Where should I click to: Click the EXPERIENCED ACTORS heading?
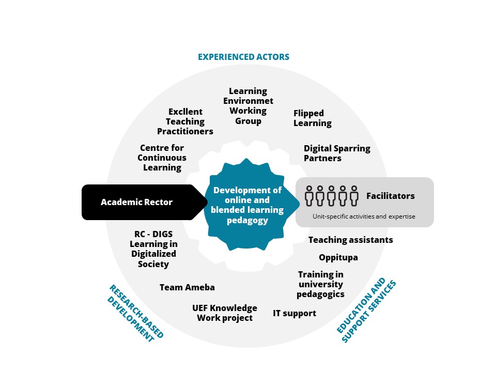243,57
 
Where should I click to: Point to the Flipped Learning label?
313,118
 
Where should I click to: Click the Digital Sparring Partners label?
337,153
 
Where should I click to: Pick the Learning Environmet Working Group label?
249,106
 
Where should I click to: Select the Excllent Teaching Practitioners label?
185,121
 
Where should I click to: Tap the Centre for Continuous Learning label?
162,158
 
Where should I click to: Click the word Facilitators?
391,196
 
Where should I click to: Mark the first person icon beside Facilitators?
309,196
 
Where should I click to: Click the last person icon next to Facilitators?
354,196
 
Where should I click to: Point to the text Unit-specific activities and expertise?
364,216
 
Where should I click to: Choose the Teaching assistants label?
351,240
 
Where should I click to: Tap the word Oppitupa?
338,258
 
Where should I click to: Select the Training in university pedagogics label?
321,284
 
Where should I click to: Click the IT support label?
295,314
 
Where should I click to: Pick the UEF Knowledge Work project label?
225,313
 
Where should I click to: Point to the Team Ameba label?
187,288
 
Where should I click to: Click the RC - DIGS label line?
154,234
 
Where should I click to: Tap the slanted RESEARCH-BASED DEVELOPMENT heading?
135,313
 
